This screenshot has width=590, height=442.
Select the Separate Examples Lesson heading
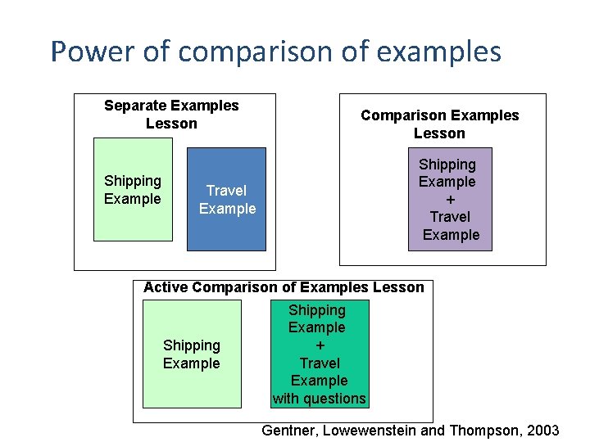171,115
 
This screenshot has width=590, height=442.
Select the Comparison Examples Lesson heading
439,124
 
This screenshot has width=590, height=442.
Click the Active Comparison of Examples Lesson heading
284,287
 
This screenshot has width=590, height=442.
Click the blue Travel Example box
226,199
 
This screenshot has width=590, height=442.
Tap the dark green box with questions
320,354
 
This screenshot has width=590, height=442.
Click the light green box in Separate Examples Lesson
133,190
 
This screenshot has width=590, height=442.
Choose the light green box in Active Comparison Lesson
192,354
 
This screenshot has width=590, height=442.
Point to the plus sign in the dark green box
320,345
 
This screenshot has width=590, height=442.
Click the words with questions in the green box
320,399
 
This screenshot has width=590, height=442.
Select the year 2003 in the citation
545,431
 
